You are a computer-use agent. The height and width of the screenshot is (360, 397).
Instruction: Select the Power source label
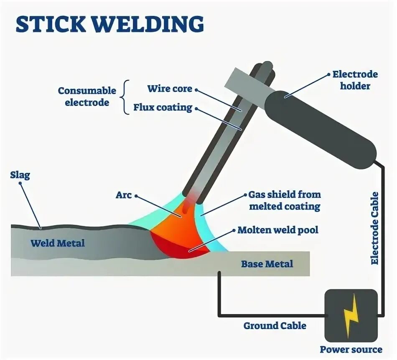[351, 349]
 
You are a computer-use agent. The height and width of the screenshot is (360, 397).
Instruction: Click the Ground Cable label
[275, 325]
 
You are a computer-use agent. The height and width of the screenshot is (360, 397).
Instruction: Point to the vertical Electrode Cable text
[374, 228]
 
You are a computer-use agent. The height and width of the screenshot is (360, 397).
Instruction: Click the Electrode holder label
[355, 80]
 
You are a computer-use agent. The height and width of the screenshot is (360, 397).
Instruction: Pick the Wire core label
[170, 89]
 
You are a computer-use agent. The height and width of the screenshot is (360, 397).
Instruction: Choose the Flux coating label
[163, 107]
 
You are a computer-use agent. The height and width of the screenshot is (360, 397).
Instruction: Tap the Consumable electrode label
[87, 96]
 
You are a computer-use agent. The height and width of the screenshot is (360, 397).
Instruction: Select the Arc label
[124, 195]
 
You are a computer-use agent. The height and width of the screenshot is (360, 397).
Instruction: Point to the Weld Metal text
[57, 243]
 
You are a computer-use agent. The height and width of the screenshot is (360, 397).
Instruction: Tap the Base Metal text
[267, 264]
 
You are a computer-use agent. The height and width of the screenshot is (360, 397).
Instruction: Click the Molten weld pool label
[277, 230]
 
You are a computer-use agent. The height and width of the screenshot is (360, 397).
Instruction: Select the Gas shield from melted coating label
[284, 200]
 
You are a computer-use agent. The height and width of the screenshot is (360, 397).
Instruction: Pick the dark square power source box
[351, 315]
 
